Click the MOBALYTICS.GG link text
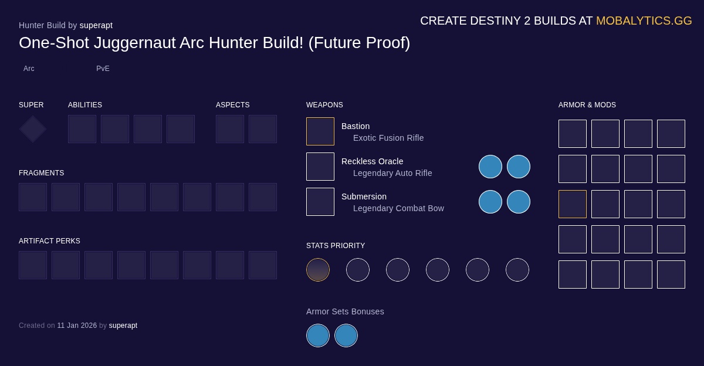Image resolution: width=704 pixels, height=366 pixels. pos(644,21)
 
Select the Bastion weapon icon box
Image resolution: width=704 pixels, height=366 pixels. pos(320,131)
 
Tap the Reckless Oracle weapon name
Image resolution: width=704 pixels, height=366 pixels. pos(372,161)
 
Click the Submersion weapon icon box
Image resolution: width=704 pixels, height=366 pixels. pos(320,202)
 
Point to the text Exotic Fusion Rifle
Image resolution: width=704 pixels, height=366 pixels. pos(388,138)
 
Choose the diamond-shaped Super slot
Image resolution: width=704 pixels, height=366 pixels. pos(33,129)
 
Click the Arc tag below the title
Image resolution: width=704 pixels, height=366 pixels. pos(29,69)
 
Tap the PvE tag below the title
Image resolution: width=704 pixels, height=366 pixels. pos(103,69)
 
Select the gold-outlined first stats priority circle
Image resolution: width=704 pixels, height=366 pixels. pos(318,270)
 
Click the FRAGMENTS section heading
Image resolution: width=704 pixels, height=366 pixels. pos(41,173)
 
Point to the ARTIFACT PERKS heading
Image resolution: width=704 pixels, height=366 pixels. pos(49,241)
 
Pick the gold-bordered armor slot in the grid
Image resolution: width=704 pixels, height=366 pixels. pos(573,204)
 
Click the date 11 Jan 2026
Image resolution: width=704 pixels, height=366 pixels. pos(77,326)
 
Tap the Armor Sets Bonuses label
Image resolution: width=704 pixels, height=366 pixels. pos(345,311)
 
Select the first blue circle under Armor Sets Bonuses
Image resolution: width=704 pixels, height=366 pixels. pos(318,335)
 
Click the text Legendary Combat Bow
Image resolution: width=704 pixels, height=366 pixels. pos(398,208)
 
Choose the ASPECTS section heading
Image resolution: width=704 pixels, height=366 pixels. pos(232,105)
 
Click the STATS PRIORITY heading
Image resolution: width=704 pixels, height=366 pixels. pos(336,246)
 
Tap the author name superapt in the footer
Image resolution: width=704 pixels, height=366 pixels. pos(123,326)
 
